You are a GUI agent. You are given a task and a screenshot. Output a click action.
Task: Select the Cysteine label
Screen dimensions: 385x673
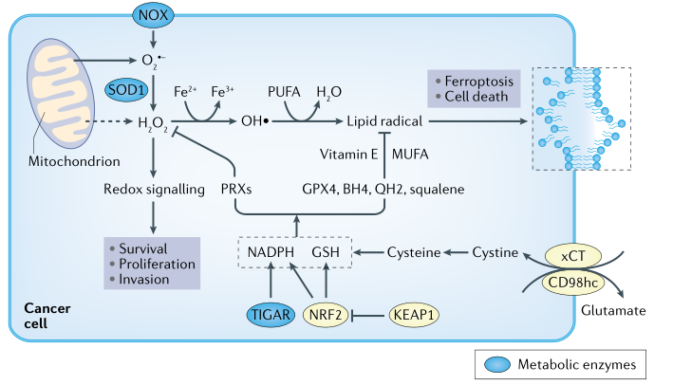(x=415, y=253)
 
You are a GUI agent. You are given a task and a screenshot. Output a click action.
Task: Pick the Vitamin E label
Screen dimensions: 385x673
(x=349, y=154)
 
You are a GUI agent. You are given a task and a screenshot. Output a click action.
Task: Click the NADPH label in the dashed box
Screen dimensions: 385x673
(x=271, y=253)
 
